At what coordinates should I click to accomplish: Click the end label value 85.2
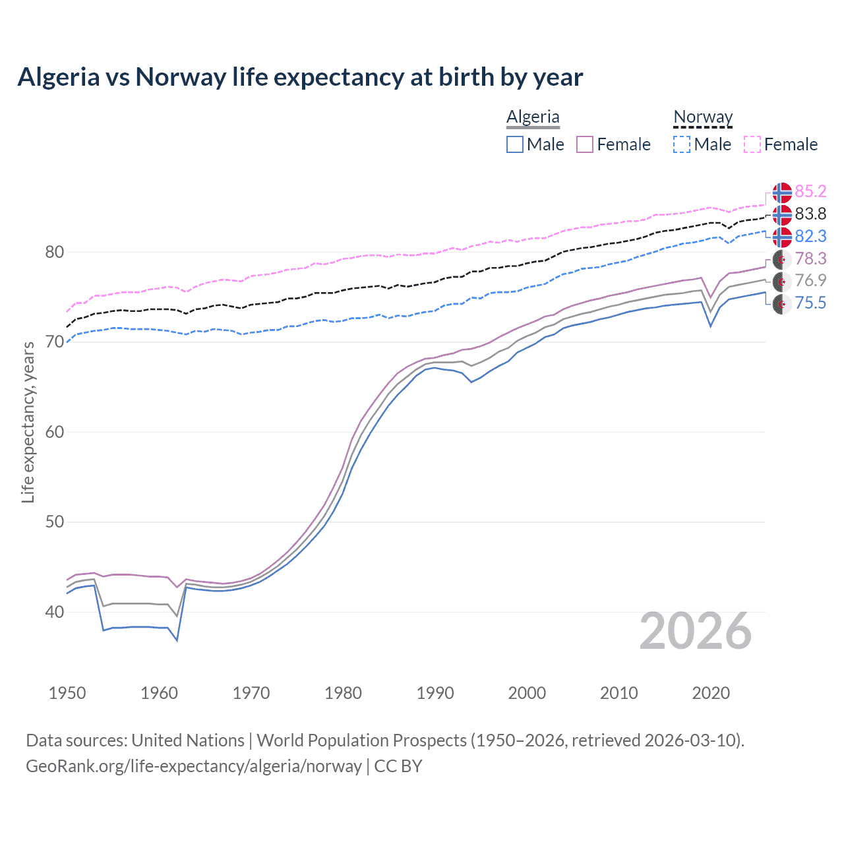(x=810, y=191)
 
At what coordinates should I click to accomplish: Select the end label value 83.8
(x=810, y=214)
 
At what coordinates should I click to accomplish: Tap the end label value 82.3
(x=810, y=236)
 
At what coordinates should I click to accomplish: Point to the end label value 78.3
(x=810, y=258)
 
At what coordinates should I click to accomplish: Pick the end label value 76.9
(x=810, y=280)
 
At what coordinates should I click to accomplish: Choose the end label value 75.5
(x=810, y=303)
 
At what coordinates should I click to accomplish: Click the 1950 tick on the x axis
(x=67, y=693)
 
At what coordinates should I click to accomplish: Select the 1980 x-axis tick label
(x=343, y=693)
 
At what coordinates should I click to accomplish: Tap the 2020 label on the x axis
(x=711, y=693)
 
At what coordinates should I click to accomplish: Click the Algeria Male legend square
(x=515, y=144)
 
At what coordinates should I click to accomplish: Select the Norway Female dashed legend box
(x=752, y=144)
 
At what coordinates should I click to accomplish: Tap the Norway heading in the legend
(x=703, y=117)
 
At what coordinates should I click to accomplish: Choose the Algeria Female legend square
(x=585, y=144)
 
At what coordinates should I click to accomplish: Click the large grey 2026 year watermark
(x=696, y=631)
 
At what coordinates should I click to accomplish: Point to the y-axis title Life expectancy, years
(x=28, y=422)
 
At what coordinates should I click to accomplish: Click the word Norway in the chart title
(x=181, y=77)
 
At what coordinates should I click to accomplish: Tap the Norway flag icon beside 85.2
(x=782, y=192)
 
